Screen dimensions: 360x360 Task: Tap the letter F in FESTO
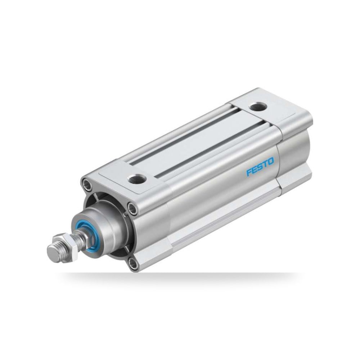pyautogui.click(x=249, y=172)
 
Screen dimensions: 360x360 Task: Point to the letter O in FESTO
pyautogui.click(x=271, y=161)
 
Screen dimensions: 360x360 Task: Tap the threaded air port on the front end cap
pyautogui.click(x=137, y=178)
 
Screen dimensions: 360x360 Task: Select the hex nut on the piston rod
pyautogui.click(x=70, y=244)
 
